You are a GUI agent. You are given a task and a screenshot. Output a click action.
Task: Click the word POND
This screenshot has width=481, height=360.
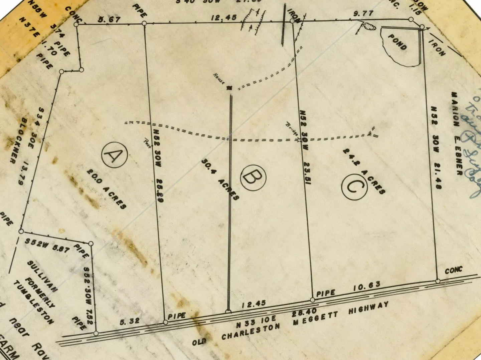pyautogui.click(x=397, y=41)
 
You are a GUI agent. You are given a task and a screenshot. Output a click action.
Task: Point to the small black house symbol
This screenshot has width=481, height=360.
pyautogui.click(x=229, y=88)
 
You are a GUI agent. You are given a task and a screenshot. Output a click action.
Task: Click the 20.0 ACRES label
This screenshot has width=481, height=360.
pyautogui.click(x=107, y=189)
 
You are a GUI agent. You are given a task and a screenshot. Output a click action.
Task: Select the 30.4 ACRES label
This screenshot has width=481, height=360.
pyautogui.click(x=220, y=179)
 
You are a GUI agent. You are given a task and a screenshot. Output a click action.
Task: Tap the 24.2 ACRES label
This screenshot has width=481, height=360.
pyautogui.click(x=364, y=171)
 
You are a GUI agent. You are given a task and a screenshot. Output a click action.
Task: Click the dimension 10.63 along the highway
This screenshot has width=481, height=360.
pyautogui.click(x=367, y=286)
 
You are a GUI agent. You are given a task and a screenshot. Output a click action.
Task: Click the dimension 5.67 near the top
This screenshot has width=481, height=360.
pyautogui.click(x=109, y=19)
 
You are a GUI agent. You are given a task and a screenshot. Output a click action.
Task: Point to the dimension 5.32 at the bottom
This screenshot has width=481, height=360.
pyautogui.click(x=129, y=322)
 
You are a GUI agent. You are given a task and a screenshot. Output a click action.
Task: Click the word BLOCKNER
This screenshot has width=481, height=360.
pyautogui.click(x=17, y=140)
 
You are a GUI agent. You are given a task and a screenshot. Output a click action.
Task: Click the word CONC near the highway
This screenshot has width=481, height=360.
pyautogui.click(x=454, y=270)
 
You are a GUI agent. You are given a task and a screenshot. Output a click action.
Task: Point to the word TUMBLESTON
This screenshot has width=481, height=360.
pyautogui.click(x=33, y=303)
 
